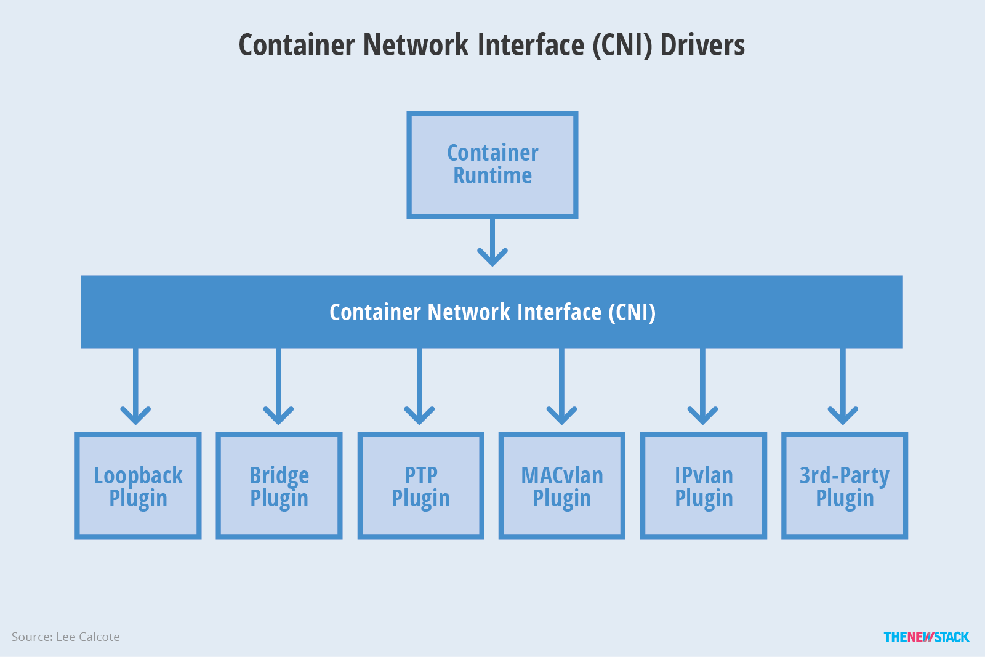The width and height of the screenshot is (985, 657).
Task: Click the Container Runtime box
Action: (x=492, y=165)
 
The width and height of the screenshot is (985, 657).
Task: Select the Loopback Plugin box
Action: (x=138, y=486)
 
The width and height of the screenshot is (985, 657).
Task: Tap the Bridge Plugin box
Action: (x=279, y=486)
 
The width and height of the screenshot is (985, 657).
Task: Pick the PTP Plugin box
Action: (x=420, y=486)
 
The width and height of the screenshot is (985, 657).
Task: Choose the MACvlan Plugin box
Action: (x=561, y=486)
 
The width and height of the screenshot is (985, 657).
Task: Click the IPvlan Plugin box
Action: (x=703, y=486)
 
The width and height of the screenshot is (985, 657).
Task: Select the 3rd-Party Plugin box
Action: (x=844, y=486)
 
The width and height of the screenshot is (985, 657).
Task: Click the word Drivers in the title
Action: (x=702, y=46)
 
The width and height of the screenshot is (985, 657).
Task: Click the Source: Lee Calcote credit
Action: (x=66, y=637)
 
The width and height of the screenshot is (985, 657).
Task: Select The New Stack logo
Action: (x=926, y=637)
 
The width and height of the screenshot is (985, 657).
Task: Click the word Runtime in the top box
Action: (x=492, y=176)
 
